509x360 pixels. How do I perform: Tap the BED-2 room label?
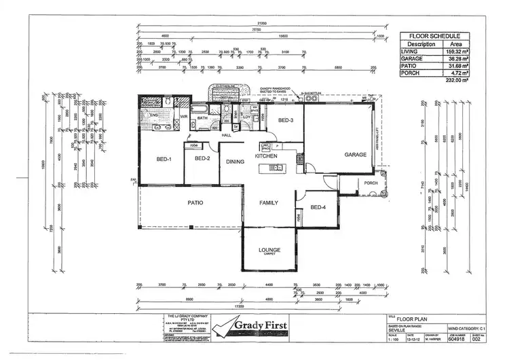click(x=202, y=160)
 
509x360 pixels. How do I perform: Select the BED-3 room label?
click(x=285, y=120)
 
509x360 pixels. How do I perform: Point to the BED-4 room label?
click(x=319, y=207)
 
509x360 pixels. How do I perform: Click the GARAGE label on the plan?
click(x=356, y=155)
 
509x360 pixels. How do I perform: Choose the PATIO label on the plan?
click(x=196, y=202)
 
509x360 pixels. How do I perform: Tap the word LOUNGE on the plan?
click(x=269, y=250)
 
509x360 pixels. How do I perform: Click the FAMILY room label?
click(x=269, y=202)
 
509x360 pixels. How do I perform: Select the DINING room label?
click(x=235, y=162)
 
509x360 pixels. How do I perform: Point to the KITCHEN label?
click(x=267, y=156)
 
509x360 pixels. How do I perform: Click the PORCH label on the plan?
click(x=371, y=182)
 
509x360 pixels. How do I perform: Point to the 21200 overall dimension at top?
click(x=261, y=24)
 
